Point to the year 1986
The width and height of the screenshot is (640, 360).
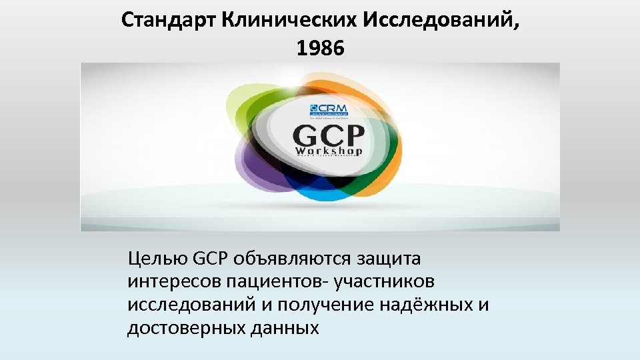click(x=319, y=49)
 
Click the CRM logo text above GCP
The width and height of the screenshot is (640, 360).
click(x=328, y=109)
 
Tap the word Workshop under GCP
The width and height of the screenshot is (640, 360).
click(x=329, y=151)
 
